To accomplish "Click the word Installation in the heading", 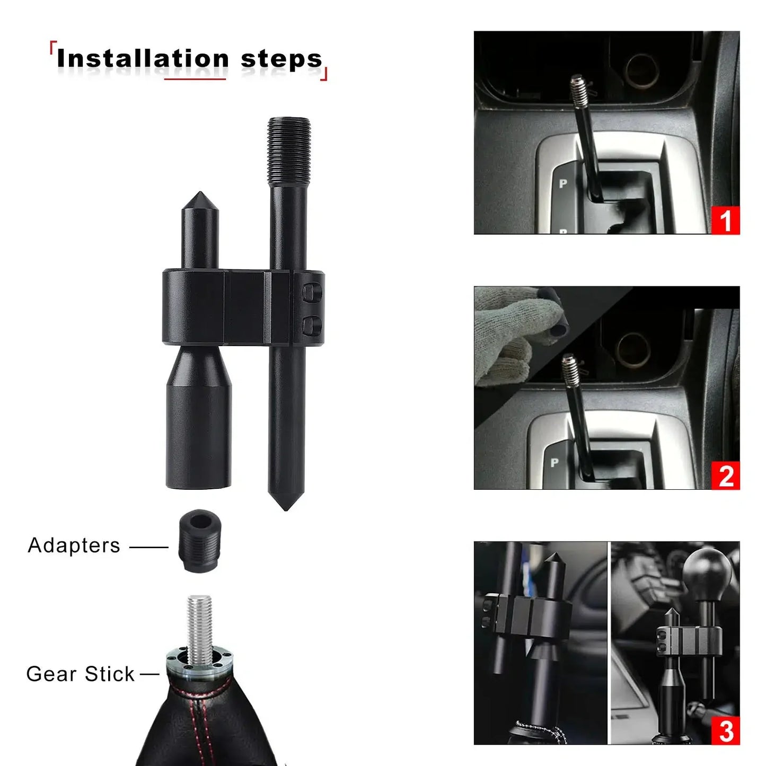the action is (143, 58).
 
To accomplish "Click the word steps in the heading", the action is (281, 59).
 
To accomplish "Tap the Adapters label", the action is (74, 545).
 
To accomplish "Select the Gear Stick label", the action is (80, 674).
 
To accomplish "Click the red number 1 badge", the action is (725, 220).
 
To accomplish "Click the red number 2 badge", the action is (725, 476).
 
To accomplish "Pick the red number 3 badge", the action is (725, 730).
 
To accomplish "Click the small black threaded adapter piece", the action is (199, 541).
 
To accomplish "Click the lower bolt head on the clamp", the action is (312, 324).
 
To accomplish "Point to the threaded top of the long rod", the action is (288, 152).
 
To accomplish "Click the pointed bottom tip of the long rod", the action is (286, 509).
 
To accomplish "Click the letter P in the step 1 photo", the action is (563, 183).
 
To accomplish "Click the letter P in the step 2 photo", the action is (554, 462).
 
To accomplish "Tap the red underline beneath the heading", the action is (195, 80).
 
